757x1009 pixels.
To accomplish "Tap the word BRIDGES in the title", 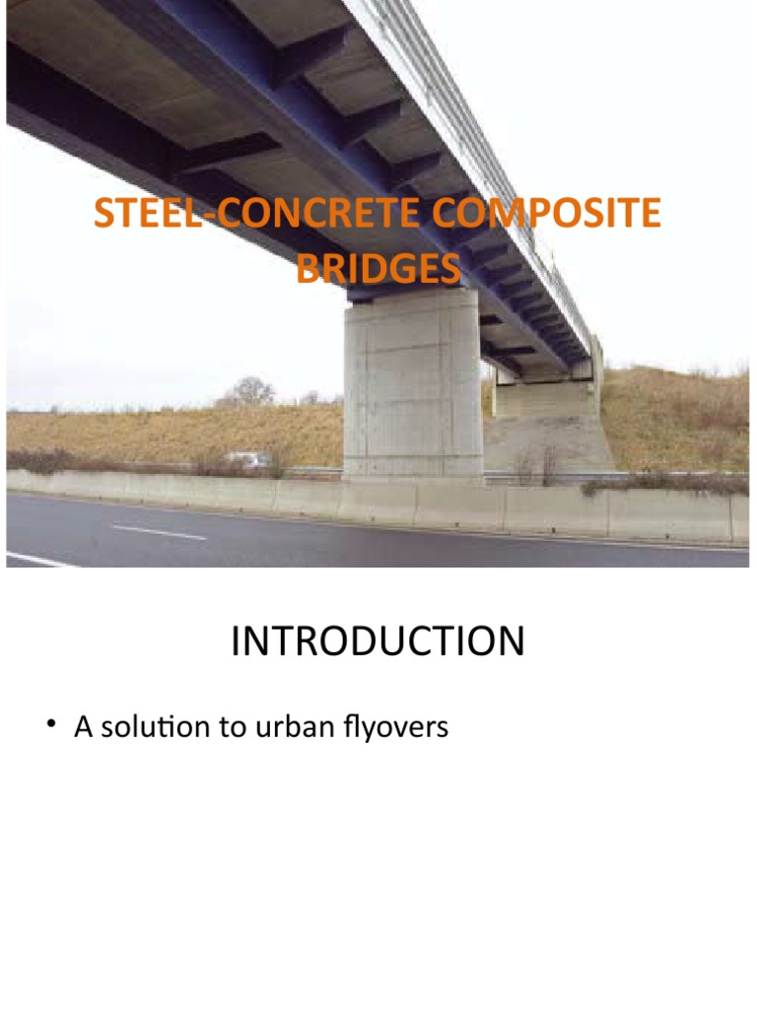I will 378,268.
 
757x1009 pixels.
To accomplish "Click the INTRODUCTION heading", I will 378,642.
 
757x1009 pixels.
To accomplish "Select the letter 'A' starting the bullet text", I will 82,728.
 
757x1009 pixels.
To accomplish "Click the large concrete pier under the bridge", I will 412,389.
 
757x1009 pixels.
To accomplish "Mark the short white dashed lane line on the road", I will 159,532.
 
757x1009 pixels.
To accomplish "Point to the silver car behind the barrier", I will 246,459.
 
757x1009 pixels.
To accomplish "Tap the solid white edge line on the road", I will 39,560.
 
